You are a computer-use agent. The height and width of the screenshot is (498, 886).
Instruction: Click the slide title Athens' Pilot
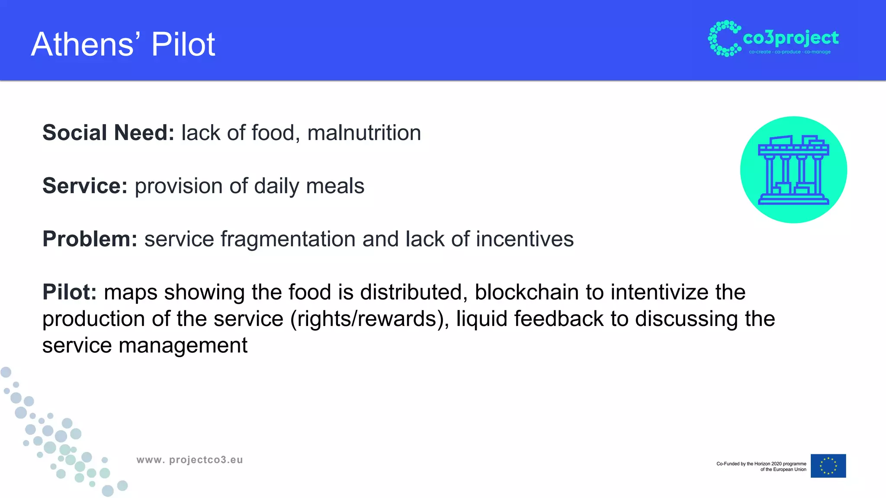coord(123,44)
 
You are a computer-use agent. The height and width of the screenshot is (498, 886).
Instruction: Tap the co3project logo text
coord(791,38)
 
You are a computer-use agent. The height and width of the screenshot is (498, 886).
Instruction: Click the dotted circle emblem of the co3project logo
coord(724,38)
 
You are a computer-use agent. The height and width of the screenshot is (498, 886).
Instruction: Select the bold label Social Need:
coord(108,133)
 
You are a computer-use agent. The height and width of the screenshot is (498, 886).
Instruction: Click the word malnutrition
coord(364,133)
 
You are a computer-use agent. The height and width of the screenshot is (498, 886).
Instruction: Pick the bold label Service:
coord(85,186)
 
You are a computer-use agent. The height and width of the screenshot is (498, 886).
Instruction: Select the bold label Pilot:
coord(70,292)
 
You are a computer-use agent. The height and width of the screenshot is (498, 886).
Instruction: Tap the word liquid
coord(482,319)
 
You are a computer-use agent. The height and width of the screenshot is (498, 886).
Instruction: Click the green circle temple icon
coord(793,170)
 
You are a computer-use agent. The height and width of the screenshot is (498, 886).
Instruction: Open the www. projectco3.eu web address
coord(189,460)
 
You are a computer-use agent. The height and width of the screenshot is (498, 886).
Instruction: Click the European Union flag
coord(828,466)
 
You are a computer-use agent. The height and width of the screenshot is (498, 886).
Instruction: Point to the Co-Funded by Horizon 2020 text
coord(761,466)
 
